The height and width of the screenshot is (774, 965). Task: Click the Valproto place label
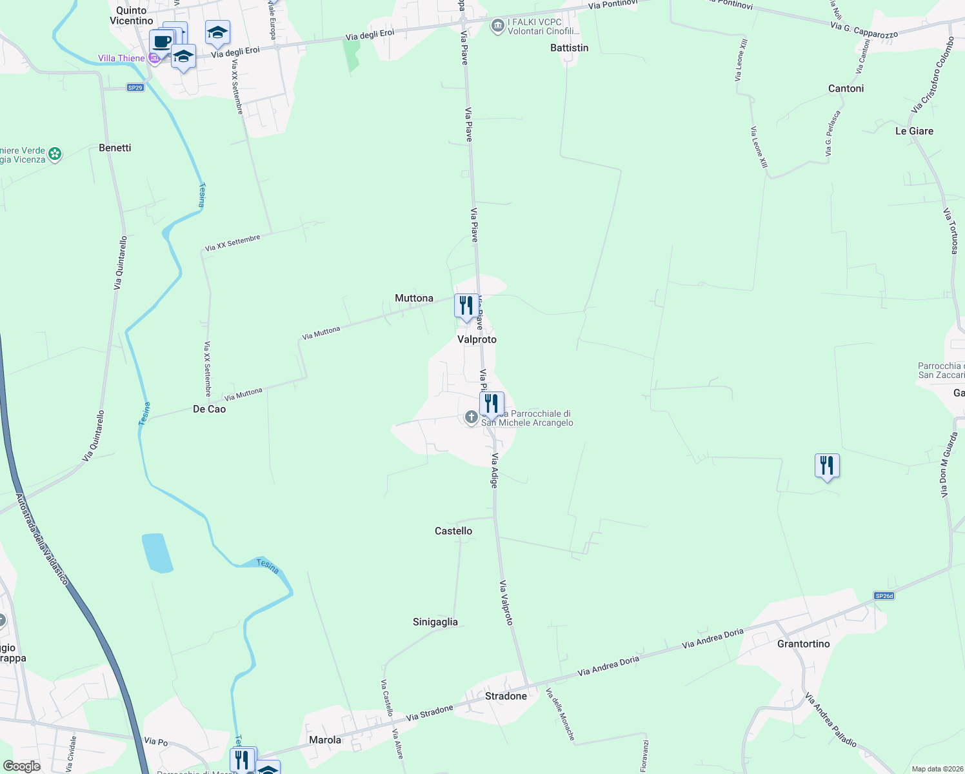coord(477,339)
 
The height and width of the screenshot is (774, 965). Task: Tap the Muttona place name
coord(414,298)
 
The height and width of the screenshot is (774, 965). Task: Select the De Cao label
coord(210,409)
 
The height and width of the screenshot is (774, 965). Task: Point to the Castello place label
coord(453,531)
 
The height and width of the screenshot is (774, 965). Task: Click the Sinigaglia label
coord(435,622)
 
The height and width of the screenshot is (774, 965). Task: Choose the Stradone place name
coord(506,696)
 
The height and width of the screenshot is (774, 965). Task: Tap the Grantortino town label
coord(804,644)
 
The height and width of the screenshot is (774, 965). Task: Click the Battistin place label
coord(570,48)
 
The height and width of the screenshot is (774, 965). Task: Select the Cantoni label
coord(846,88)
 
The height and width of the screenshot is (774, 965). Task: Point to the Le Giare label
coord(914,131)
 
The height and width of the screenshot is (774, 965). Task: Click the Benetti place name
coord(115,148)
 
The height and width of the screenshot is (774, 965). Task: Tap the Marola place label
coord(325,740)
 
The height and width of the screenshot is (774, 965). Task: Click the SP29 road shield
coord(135,88)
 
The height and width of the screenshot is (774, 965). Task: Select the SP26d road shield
coord(884,596)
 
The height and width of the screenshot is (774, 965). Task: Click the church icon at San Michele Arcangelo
coord(472,417)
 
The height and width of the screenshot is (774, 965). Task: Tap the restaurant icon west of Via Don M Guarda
coord(827,466)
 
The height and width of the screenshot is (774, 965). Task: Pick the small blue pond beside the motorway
coord(157,553)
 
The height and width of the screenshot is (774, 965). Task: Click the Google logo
coord(22,766)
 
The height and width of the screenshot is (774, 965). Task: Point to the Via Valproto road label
coord(506,602)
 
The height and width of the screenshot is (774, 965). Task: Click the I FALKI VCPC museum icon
coord(497,26)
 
